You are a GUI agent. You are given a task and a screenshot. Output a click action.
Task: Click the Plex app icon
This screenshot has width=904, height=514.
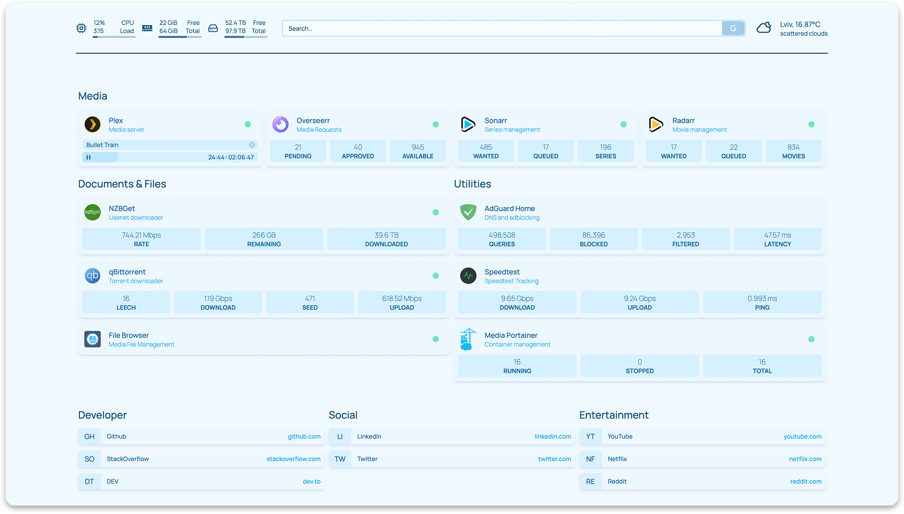tap(93, 124)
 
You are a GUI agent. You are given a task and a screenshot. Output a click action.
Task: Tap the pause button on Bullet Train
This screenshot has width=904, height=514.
tap(88, 157)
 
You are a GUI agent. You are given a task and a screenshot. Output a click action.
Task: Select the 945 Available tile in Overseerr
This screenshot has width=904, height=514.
tap(418, 151)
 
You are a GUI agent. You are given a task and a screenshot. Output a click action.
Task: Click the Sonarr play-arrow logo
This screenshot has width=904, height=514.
tap(468, 124)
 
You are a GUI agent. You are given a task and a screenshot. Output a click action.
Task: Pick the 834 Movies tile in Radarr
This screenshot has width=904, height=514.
tap(793, 151)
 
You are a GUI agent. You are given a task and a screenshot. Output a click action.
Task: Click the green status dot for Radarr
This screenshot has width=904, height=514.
tap(811, 124)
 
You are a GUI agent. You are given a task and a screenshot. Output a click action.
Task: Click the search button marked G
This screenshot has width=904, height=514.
tap(733, 28)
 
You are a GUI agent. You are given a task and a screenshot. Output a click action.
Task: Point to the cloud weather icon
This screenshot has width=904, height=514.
tap(764, 28)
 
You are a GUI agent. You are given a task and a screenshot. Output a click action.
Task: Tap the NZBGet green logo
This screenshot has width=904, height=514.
tap(93, 212)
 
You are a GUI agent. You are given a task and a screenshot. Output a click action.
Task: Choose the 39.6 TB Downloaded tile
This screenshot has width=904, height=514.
tap(386, 239)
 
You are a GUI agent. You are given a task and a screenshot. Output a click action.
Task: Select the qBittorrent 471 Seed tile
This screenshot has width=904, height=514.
tap(310, 303)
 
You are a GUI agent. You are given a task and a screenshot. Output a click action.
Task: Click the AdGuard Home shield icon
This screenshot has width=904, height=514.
tap(468, 212)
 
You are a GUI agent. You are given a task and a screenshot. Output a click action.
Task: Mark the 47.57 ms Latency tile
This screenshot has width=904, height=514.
tap(778, 239)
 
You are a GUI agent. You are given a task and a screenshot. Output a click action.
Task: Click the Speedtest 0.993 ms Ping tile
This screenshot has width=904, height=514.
tap(762, 303)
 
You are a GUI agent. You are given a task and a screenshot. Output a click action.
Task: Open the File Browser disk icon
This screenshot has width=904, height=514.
tap(93, 339)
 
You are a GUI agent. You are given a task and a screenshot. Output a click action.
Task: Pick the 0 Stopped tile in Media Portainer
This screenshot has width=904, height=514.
tap(639, 366)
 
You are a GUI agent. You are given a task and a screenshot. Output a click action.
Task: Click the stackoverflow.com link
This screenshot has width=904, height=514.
tap(293, 459)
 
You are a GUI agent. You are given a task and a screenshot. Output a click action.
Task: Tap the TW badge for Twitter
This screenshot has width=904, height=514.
tap(340, 459)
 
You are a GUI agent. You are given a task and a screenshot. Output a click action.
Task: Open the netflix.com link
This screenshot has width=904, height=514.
tap(805, 459)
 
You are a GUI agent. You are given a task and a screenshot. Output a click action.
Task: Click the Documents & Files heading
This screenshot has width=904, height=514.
tap(122, 184)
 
